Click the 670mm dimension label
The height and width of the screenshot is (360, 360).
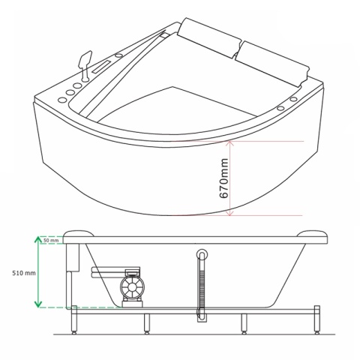tap(223, 178)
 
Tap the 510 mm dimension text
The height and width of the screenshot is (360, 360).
tap(24, 273)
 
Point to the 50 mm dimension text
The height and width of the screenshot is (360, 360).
tap(51, 241)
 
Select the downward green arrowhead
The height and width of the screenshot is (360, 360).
tap(38, 304)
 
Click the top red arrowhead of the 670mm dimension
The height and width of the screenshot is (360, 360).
tap(229, 143)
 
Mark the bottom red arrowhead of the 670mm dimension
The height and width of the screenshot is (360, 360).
tap(229, 213)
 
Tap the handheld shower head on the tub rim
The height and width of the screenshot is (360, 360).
tap(85, 65)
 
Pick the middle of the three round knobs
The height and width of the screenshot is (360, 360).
tap(70, 92)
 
